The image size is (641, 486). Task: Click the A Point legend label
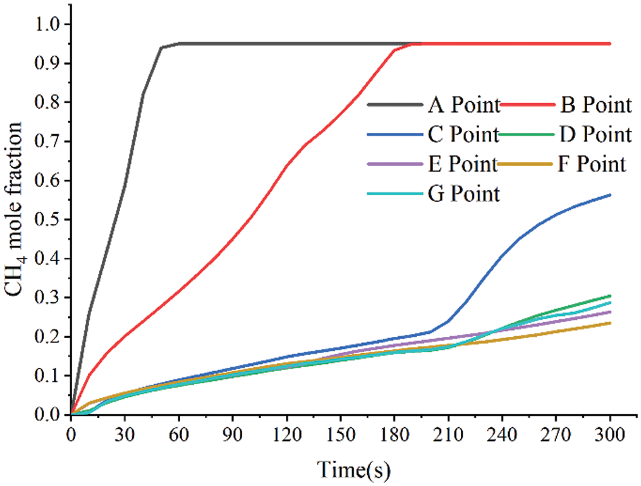tap(464, 105)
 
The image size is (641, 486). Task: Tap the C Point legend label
tap(463, 134)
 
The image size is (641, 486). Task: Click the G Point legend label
tap(464, 194)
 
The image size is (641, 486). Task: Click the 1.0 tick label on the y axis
tap(48, 25)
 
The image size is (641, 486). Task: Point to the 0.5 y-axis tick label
tap(48, 220)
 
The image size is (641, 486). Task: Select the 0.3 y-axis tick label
tap(48, 298)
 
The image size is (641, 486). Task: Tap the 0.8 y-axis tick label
tap(48, 103)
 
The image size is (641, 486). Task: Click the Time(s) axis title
tap(355, 466)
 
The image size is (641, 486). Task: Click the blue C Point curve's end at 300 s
tap(610, 195)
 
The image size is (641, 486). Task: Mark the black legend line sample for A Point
tap(394, 105)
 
